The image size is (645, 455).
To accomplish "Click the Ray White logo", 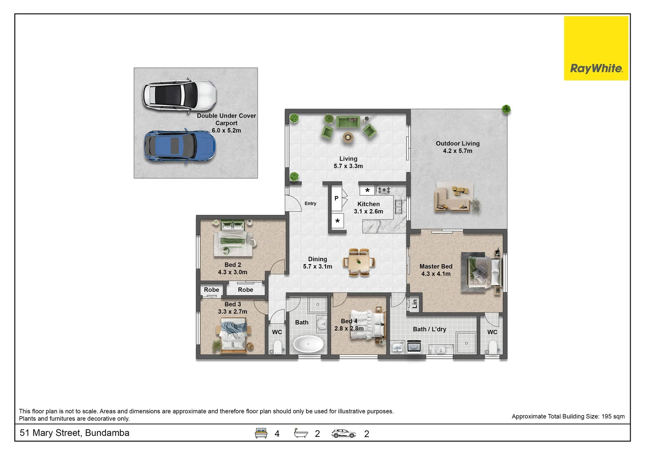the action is tap(596, 48).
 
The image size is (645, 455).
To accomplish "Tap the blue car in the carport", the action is tap(180, 147).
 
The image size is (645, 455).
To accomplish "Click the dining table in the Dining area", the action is tap(359, 262).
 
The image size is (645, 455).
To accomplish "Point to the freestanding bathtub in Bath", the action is tap(308, 344).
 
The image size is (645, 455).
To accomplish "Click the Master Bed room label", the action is tap(436, 270).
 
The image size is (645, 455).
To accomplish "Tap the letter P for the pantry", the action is tap(336, 198).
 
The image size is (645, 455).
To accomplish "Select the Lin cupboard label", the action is tap(414, 303).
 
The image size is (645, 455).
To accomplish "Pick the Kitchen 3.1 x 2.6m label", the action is tap(368, 208).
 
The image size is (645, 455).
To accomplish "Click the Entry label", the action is tap(310, 203).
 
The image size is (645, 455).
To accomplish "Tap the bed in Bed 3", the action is tap(233, 335).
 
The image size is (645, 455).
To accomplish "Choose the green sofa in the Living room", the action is tap(348, 122).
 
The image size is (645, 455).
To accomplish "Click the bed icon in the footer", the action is tap(261, 433).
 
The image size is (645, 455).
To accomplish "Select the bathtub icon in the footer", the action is tap(301, 433).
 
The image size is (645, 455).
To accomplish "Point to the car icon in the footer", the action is tap(343, 434).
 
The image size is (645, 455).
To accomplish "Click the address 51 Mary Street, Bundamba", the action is tap(74, 433).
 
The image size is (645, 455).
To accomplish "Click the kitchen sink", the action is tap(399, 207).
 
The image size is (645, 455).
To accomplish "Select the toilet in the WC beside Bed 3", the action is tap(277, 347).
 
